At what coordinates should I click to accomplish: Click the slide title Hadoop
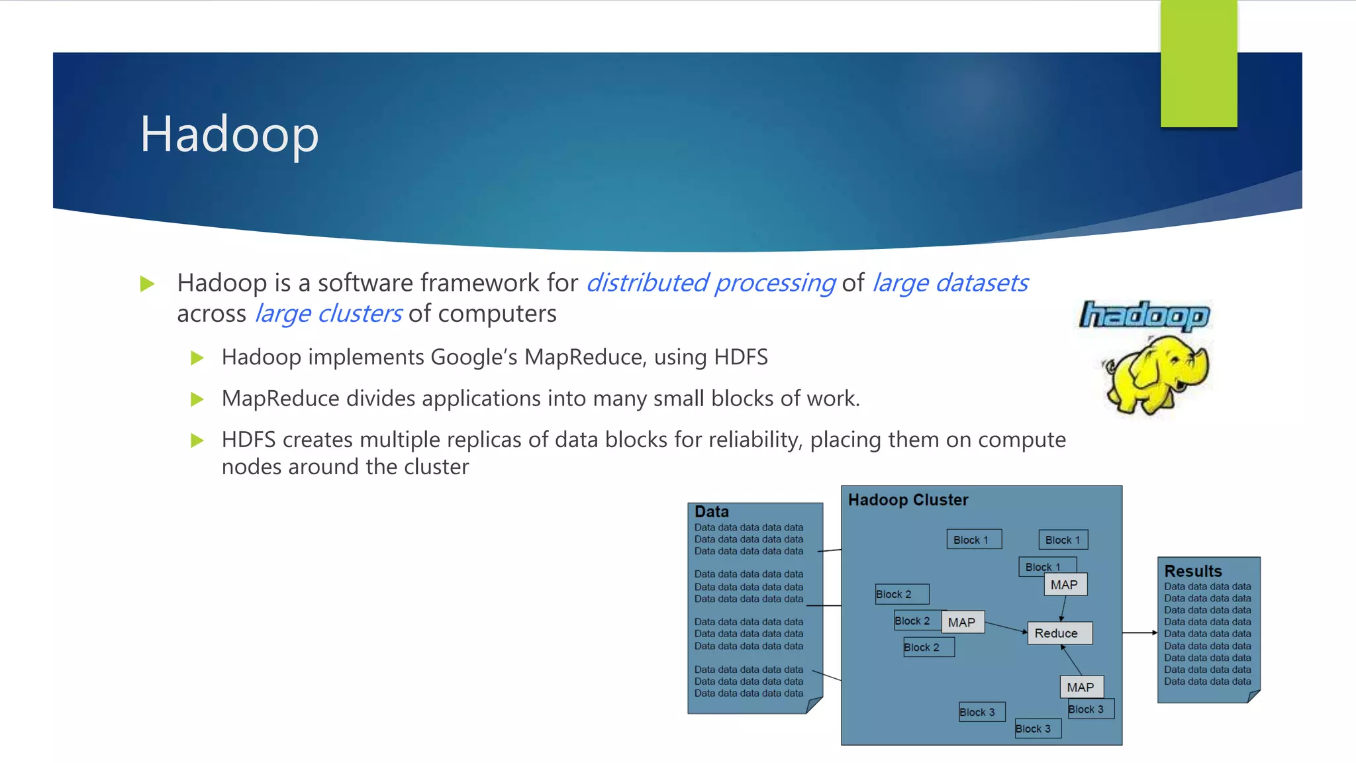(x=229, y=134)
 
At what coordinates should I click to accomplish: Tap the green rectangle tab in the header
(x=1198, y=64)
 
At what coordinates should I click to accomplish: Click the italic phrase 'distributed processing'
(x=711, y=283)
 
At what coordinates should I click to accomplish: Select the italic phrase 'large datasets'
(x=950, y=283)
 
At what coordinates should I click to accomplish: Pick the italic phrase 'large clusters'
(x=328, y=313)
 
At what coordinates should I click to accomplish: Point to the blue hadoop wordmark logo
(x=1145, y=316)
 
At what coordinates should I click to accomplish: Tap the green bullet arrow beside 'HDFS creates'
(x=197, y=440)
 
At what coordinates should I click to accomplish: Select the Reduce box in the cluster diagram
(x=1058, y=633)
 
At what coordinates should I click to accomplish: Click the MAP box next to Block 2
(x=962, y=623)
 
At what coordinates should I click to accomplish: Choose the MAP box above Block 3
(x=1081, y=687)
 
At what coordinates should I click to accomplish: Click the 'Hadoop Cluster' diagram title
(x=908, y=500)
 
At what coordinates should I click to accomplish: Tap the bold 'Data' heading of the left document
(x=712, y=512)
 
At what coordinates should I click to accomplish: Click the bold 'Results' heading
(x=1192, y=571)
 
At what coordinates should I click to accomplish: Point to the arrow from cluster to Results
(x=1139, y=633)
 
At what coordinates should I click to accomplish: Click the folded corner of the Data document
(x=814, y=705)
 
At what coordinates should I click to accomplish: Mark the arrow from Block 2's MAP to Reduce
(x=1005, y=628)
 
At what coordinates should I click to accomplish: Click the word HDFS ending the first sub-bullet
(x=740, y=357)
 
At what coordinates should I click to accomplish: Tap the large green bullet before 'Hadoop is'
(x=147, y=284)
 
